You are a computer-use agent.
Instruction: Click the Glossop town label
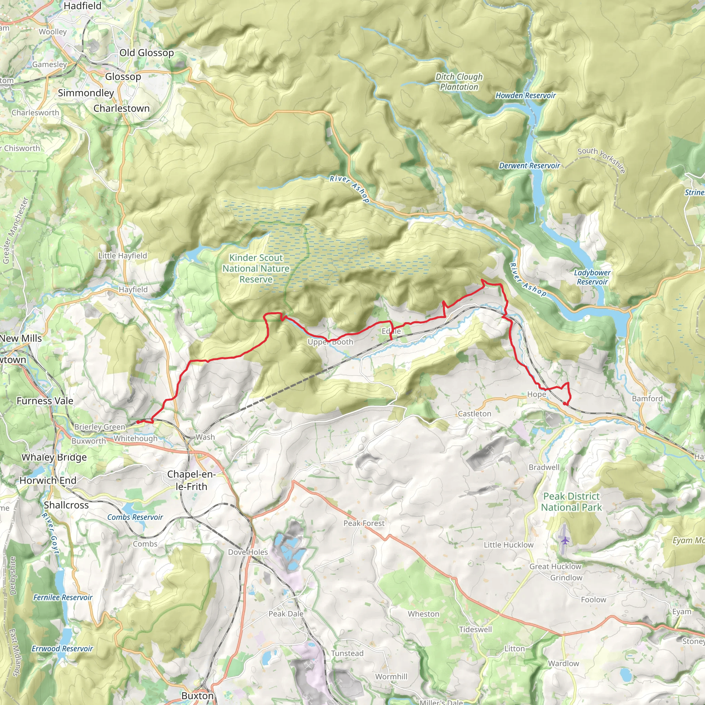pyautogui.click(x=123, y=77)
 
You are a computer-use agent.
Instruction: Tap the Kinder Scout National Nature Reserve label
pyautogui.click(x=256, y=269)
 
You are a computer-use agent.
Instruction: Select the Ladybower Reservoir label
pyautogui.click(x=592, y=277)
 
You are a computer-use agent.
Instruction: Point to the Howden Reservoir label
pyautogui.click(x=525, y=96)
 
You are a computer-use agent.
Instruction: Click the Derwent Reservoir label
pyautogui.click(x=529, y=166)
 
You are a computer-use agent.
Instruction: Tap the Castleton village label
pyautogui.click(x=474, y=414)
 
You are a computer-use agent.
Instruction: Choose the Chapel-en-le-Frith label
pyautogui.click(x=191, y=480)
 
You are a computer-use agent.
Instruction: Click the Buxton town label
pyautogui.click(x=197, y=695)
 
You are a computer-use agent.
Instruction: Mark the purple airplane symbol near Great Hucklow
pyautogui.click(x=565, y=540)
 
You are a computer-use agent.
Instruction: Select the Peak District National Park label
pyautogui.click(x=571, y=502)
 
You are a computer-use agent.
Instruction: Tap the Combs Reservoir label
pyautogui.click(x=135, y=517)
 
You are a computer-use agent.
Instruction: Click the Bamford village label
pyautogui.click(x=648, y=399)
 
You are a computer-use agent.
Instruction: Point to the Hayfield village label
pyautogui.click(x=133, y=290)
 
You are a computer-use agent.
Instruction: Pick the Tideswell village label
pyautogui.click(x=475, y=630)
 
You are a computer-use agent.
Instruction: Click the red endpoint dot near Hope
pyautogui.click(x=565, y=403)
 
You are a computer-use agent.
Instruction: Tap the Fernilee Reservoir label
pyautogui.click(x=63, y=597)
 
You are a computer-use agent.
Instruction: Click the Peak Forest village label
pyautogui.click(x=364, y=523)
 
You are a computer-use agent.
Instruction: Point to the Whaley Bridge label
pyautogui.click(x=54, y=457)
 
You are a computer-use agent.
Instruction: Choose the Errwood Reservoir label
pyautogui.click(x=62, y=649)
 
